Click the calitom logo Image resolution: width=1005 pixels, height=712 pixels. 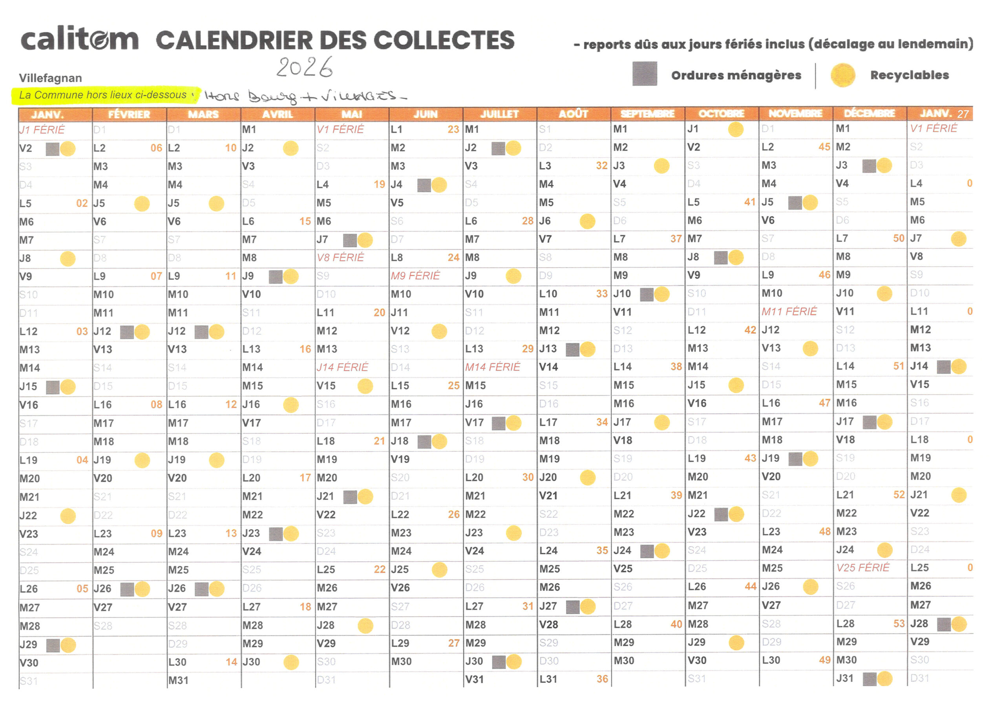tap(79, 40)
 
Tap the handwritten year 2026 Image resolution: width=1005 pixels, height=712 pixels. tap(304, 67)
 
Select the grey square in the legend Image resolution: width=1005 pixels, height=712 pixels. tap(644, 74)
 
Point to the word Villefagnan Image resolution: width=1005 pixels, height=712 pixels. tap(51, 78)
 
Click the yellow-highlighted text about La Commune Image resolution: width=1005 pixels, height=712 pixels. tap(104, 95)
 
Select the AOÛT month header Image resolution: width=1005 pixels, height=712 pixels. tap(573, 114)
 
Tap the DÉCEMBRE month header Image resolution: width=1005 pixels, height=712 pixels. tap(869, 113)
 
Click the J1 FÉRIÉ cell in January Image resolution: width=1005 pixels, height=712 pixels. tap(42, 130)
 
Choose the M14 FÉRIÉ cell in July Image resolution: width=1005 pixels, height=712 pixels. tap(492, 366)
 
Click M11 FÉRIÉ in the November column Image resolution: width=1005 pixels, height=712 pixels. tap(789, 312)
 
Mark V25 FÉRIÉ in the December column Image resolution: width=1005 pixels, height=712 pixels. tap(862, 568)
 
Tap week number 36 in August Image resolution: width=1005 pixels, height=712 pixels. tap(602, 679)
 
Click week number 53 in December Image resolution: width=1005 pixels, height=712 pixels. tap(899, 623)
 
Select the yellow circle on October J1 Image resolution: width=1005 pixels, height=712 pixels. tap(735, 129)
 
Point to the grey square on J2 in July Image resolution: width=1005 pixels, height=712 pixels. tap(498, 149)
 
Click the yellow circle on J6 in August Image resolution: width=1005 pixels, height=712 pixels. tap(587, 221)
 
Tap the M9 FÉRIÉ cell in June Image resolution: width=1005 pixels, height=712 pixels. tap(415, 276)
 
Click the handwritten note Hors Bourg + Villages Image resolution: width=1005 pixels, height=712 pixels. tap(305, 97)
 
